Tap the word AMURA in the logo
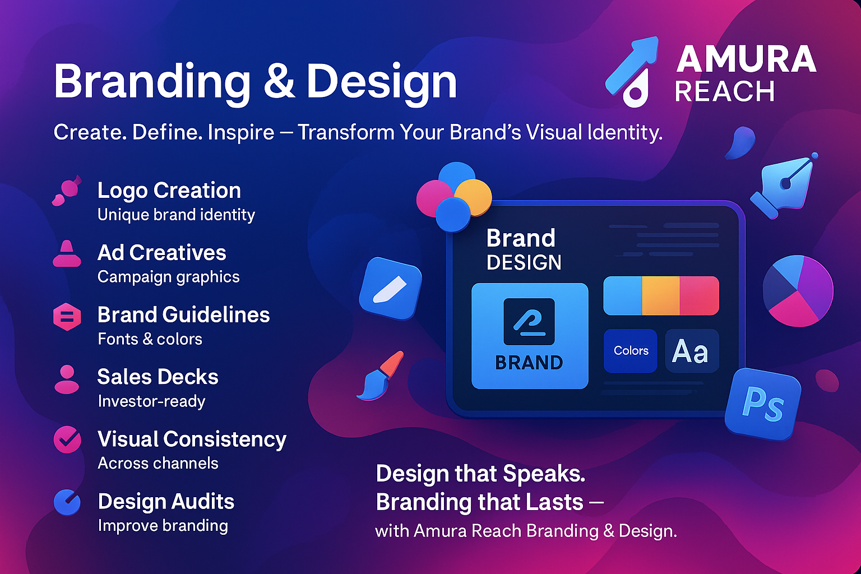(x=746, y=59)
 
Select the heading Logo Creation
(x=169, y=191)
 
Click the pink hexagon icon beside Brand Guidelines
(x=67, y=317)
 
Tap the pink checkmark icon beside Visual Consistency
(x=67, y=439)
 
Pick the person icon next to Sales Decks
(x=67, y=379)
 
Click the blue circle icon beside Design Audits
(x=67, y=502)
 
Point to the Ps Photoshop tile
(x=762, y=405)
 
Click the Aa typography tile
(x=692, y=351)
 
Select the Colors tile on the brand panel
(x=631, y=351)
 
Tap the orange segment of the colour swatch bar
(x=661, y=295)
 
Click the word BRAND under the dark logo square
(x=529, y=363)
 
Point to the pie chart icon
(x=798, y=291)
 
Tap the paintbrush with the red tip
(x=381, y=376)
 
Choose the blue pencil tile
(x=390, y=288)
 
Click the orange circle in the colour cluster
(x=474, y=197)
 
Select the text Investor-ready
(x=151, y=401)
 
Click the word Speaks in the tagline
(x=544, y=474)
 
